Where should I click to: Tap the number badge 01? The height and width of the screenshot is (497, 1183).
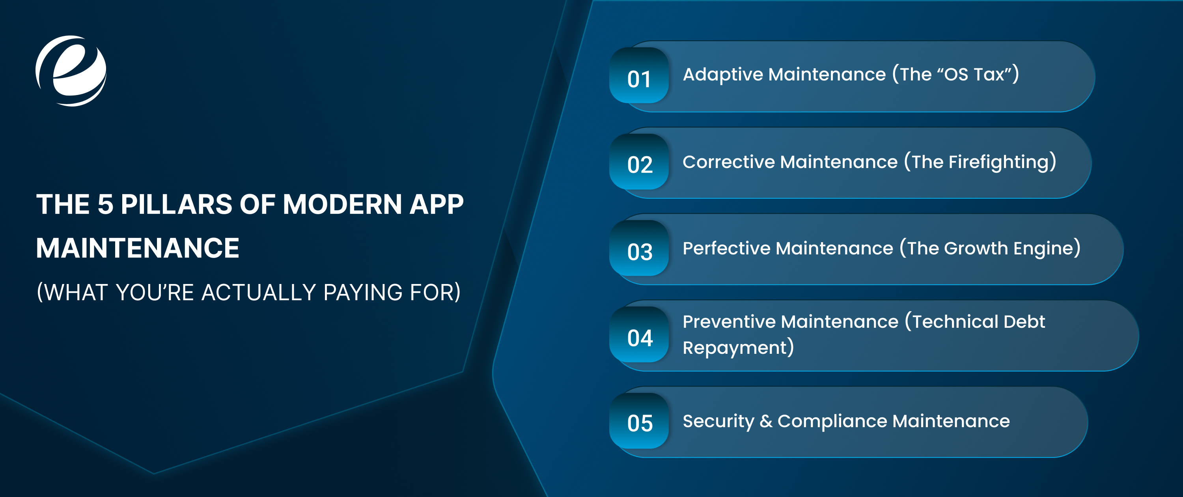point(639,76)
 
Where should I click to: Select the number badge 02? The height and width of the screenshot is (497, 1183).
point(639,162)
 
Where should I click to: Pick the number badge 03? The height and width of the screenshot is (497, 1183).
point(639,248)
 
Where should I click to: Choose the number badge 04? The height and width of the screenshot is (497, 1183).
point(639,335)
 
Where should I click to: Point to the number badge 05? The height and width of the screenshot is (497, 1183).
point(639,421)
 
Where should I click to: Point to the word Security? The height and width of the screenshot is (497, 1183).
point(718,422)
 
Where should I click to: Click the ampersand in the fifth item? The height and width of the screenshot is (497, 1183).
point(765,422)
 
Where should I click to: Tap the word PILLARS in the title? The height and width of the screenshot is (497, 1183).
point(176,204)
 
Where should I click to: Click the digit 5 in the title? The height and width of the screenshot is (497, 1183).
point(105,204)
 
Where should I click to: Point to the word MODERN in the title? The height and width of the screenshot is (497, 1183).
point(342,204)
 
